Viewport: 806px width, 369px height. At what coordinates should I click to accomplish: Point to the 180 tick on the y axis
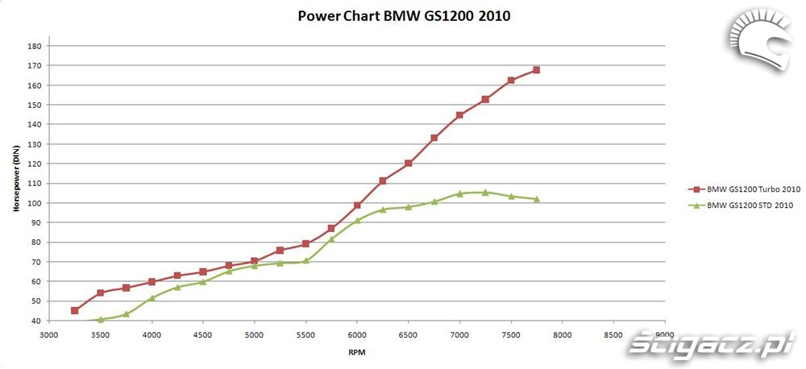point(35,46)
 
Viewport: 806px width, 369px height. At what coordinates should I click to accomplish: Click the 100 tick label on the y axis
point(35,203)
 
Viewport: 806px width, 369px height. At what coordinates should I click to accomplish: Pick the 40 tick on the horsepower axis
point(37,321)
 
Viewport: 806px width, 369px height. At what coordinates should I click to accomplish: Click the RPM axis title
point(356,352)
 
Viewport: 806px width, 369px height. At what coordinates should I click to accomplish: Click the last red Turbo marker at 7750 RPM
point(536,70)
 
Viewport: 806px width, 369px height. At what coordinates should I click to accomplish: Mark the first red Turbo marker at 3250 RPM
point(75,310)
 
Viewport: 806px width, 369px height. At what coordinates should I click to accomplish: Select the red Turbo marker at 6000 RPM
point(357,205)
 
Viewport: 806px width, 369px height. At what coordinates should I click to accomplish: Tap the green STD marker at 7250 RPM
point(485,193)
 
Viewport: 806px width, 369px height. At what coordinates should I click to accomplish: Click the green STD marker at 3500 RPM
point(101,320)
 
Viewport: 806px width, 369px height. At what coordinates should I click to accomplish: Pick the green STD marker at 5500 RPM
point(305,261)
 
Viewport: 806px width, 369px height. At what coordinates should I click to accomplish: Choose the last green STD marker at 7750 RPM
point(536,199)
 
